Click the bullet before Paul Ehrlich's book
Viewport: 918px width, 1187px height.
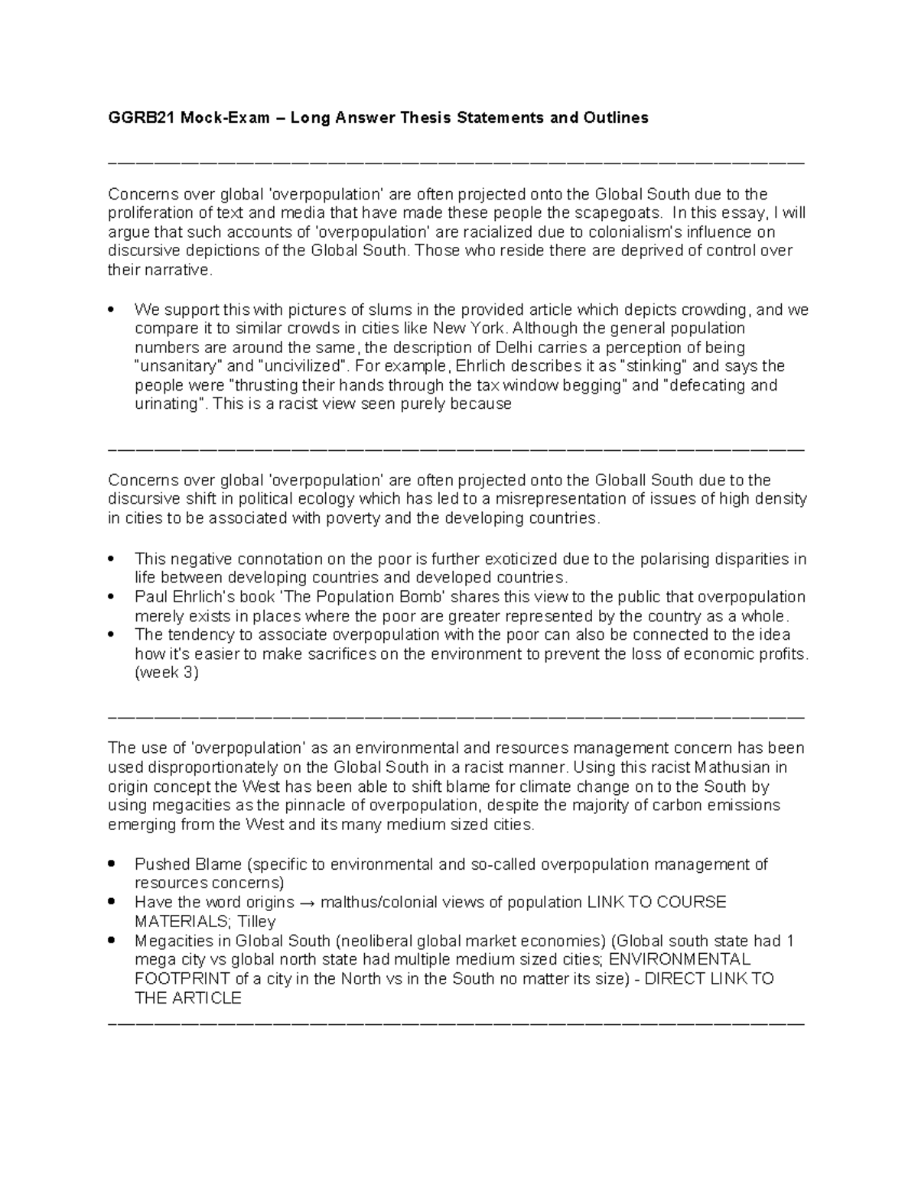(x=112, y=597)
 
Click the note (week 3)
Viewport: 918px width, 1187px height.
(x=166, y=673)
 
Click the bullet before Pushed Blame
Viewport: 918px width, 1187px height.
(x=112, y=864)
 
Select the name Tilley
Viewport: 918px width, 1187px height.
(x=257, y=922)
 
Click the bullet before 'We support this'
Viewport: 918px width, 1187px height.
(x=112, y=310)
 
